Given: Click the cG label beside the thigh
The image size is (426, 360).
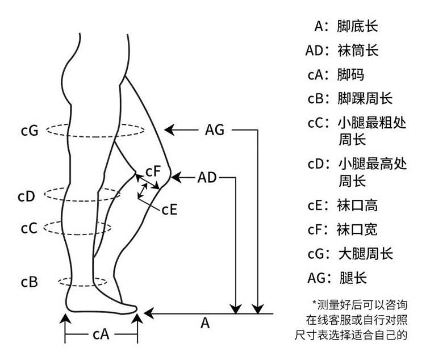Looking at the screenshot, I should tap(28, 131).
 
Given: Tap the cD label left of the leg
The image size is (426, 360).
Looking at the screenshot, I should tap(27, 196).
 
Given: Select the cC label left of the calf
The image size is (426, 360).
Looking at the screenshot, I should tap(29, 228).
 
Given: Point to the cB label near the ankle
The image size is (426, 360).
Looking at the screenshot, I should tap(30, 282).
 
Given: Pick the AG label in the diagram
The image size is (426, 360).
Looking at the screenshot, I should tap(215, 130).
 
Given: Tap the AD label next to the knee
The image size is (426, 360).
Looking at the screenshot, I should tap(207, 178).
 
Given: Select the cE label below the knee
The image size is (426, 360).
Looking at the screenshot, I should tap(170, 209).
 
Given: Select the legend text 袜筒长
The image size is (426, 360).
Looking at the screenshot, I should tap(357, 51).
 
